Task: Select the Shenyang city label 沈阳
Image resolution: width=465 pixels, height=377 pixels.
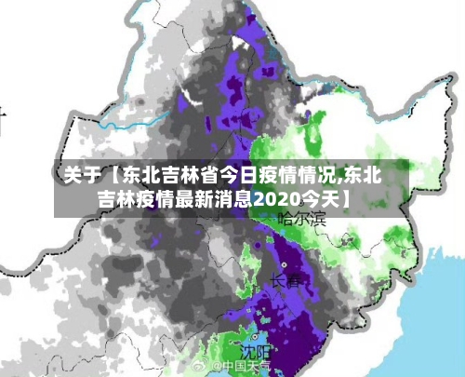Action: [255, 351]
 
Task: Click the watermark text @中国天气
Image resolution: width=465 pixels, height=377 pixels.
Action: [241, 367]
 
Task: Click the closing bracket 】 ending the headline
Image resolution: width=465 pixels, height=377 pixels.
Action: [346, 198]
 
